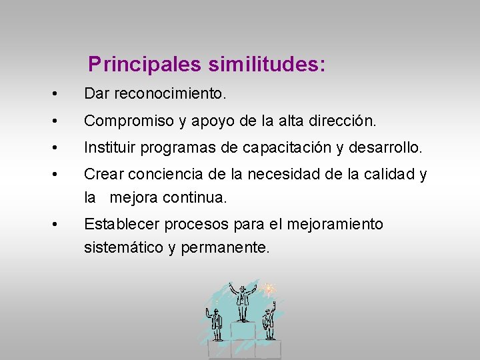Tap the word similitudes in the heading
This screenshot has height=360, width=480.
pyautogui.click(x=267, y=65)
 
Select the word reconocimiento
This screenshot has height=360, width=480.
pyautogui.click(x=169, y=94)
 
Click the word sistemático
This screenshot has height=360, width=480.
pyautogui.click(x=124, y=248)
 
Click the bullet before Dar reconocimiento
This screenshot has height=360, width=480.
pyautogui.click(x=61, y=94)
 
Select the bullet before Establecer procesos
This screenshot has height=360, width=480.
pyautogui.click(x=61, y=225)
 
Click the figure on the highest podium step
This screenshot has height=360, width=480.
pyautogui.click(x=243, y=301)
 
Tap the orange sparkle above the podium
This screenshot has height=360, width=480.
pyautogui.click(x=269, y=289)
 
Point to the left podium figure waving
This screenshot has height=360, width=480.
pyautogui.click(x=215, y=323)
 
